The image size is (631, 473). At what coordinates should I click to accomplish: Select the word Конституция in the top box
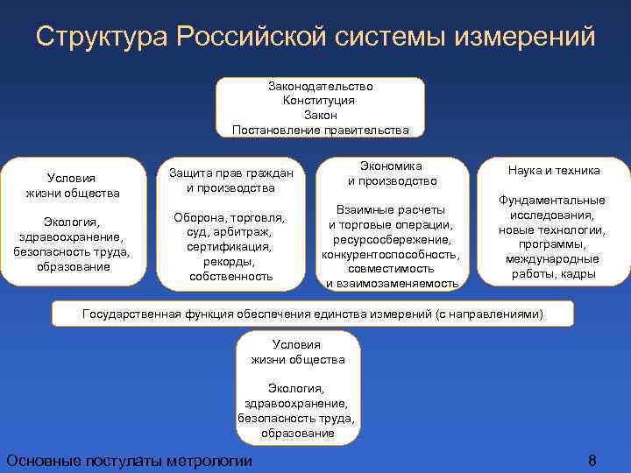coord(319,101)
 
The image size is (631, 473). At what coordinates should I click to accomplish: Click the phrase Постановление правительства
coord(321,130)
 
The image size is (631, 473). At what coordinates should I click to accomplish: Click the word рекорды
coord(230,262)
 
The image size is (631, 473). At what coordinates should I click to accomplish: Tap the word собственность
coord(230,277)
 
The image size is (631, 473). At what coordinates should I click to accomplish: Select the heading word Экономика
coord(391,166)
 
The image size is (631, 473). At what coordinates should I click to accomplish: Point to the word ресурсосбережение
coord(392,239)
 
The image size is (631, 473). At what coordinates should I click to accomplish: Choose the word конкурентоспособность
coord(390,254)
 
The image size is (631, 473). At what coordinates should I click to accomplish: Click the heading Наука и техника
coord(554,171)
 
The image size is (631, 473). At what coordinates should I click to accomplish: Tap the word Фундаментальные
coord(552,200)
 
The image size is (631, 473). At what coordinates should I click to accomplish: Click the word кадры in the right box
coord(581,274)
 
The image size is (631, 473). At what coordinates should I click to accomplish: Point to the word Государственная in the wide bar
coord(127,314)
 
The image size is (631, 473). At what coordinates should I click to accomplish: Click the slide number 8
coord(592,461)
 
